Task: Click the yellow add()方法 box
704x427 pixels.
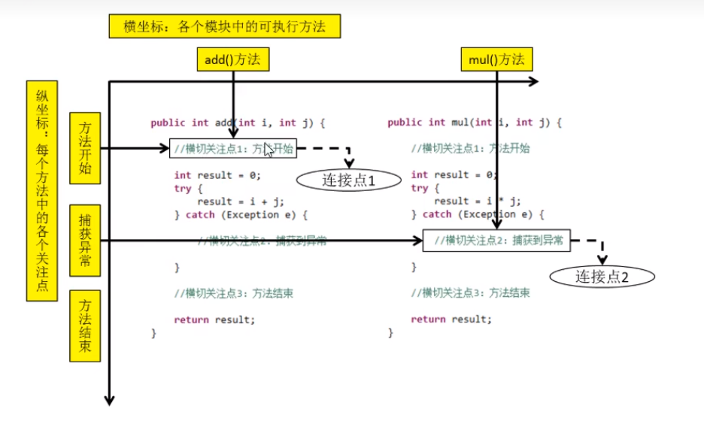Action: coord(232,59)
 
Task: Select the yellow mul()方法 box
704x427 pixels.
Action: coord(496,59)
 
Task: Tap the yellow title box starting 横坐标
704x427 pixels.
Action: coord(224,27)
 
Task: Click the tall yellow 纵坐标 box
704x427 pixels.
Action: coord(41,191)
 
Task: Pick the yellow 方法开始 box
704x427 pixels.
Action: coord(84,148)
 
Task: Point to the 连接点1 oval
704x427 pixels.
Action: coord(348,180)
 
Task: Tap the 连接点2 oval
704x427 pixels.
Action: coord(602,276)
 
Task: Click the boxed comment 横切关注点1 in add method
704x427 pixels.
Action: coord(233,149)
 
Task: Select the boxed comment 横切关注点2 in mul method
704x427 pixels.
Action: coord(496,241)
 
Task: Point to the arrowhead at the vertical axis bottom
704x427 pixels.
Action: coord(110,400)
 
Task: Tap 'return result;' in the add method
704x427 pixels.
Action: coord(214,319)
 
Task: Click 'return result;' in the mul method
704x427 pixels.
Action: coord(451,319)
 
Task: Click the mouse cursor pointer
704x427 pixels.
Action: coord(269,149)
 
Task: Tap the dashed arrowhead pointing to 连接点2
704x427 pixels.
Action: coord(602,260)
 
